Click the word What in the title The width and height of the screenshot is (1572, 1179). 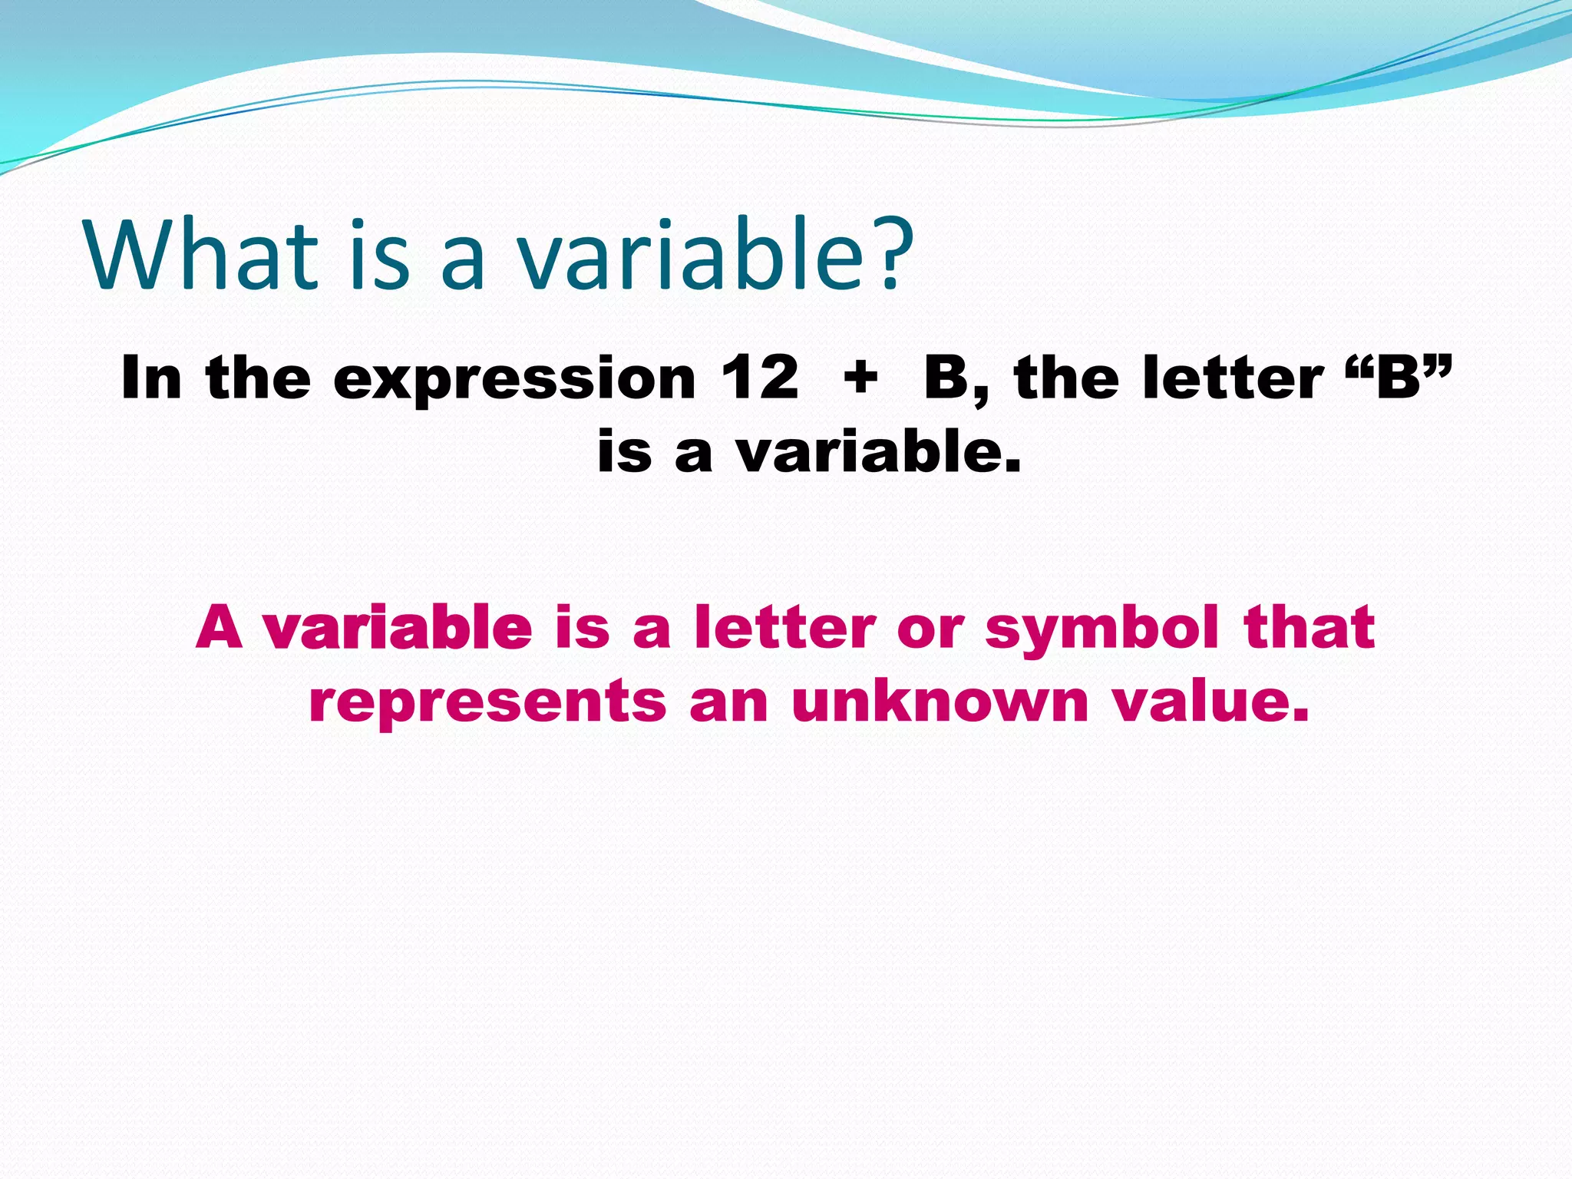coord(201,255)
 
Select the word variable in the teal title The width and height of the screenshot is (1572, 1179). coord(691,255)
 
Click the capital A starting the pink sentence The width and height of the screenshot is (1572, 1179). coord(220,628)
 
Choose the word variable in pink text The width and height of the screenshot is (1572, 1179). coord(398,628)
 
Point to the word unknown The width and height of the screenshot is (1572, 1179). coord(940,702)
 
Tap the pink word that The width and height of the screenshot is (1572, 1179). coord(1309,628)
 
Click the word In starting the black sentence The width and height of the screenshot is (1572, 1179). coord(151,378)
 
